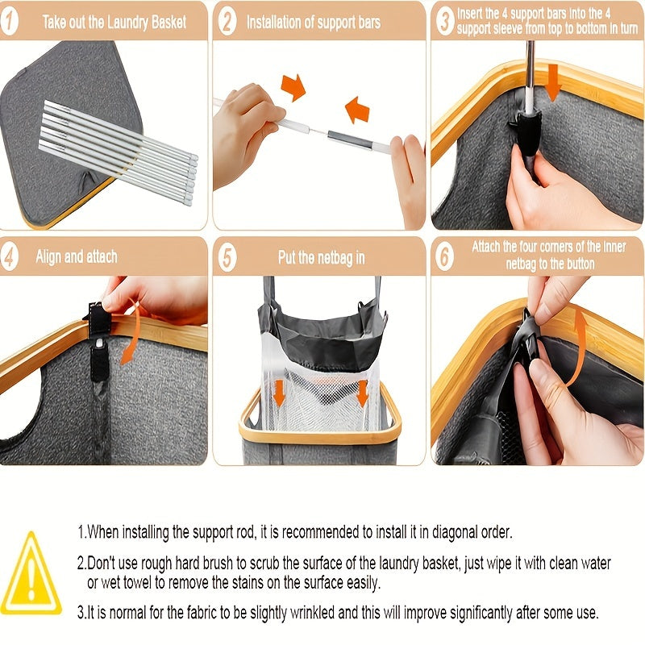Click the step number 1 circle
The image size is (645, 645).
pos(9,22)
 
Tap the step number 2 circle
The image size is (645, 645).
pos(227,22)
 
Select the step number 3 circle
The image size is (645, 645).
pos(445,22)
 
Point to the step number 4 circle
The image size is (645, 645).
pos(9,256)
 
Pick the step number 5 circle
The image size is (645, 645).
pos(227,257)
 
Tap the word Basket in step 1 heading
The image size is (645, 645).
pos(169,23)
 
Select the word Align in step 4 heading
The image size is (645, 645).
pos(49,256)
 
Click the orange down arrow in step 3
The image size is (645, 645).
pos(553,82)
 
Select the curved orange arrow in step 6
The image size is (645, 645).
pos(578,346)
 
